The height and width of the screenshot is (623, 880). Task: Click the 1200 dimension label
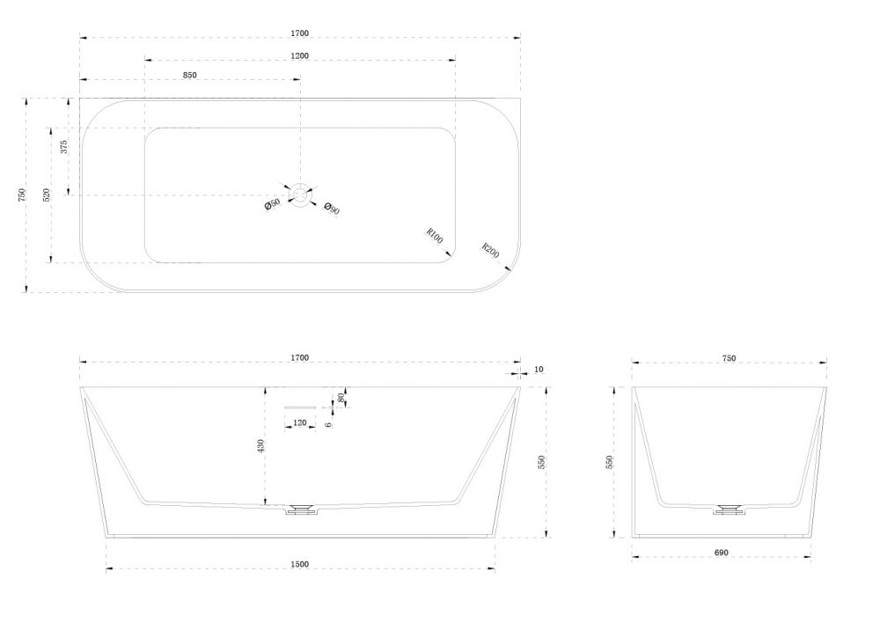coord(300,55)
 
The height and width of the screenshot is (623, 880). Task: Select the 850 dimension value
coord(190,75)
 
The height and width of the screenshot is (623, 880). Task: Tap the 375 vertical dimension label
coord(64,147)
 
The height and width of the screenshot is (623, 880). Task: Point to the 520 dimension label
coord(47,194)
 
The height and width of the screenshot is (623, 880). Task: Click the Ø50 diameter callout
coord(272,204)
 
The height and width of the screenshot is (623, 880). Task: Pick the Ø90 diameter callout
coord(333,209)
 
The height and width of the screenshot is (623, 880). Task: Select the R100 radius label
coord(435,236)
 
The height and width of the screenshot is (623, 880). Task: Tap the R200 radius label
coord(490,250)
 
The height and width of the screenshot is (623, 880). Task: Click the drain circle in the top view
coord(300,195)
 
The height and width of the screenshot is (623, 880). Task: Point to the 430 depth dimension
coord(260,446)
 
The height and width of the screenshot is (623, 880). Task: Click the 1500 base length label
coord(300,564)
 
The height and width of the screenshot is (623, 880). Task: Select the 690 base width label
coord(722,553)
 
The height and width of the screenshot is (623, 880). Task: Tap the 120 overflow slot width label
coord(300,422)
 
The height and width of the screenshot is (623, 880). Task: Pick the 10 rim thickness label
coord(539,370)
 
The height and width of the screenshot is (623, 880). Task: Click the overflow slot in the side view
coord(300,407)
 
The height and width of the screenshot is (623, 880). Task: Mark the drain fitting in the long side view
coord(301,509)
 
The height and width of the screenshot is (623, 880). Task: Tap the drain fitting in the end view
coord(729,509)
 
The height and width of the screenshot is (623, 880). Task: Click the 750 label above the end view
coord(729,358)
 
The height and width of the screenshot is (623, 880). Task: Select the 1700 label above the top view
coord(300,33)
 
